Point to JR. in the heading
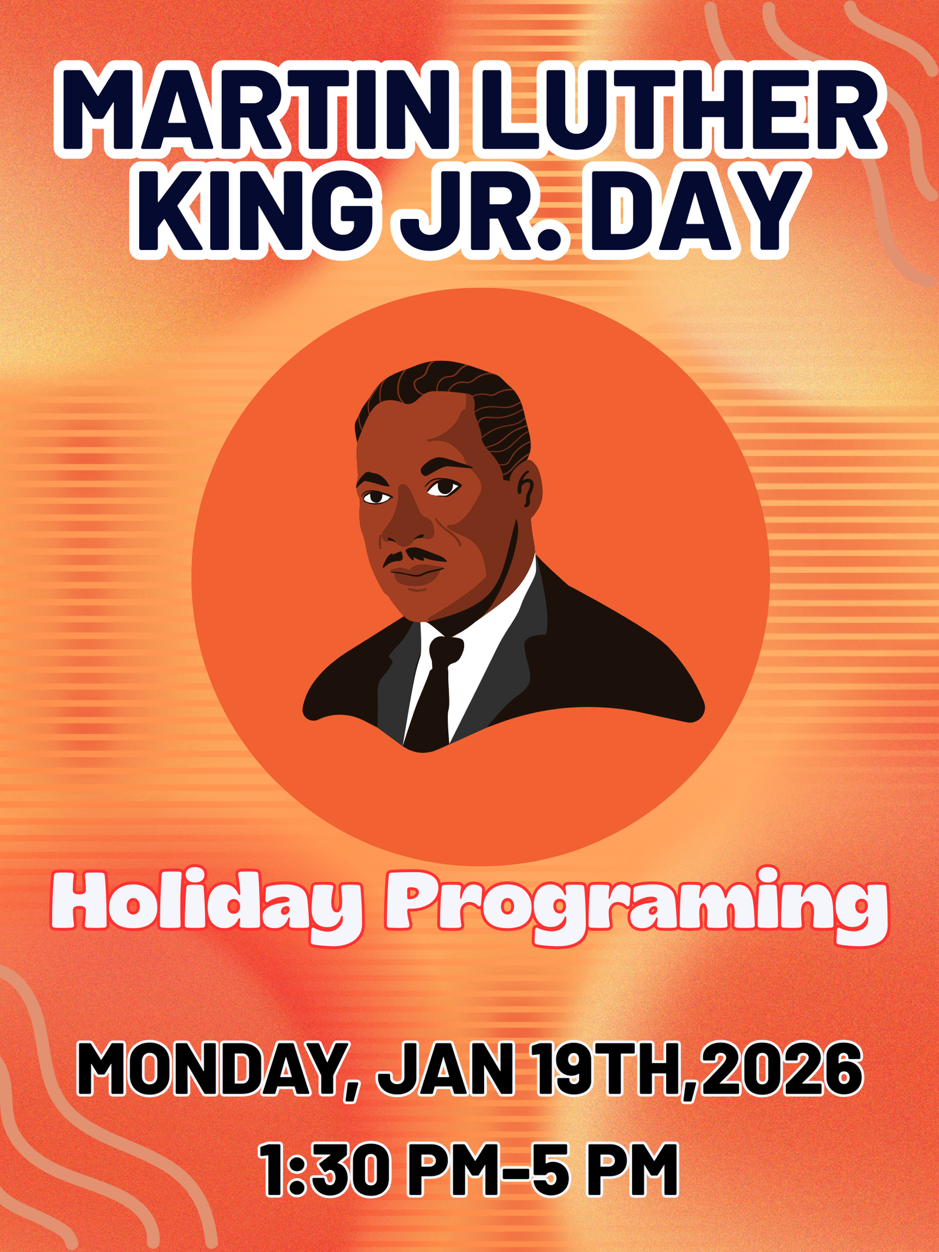pos(480,212)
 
